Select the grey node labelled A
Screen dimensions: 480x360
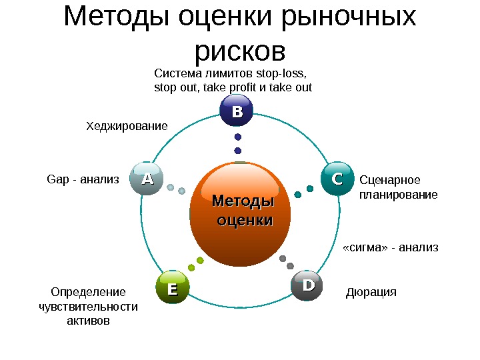(147, 179)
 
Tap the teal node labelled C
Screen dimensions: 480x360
(337, 179)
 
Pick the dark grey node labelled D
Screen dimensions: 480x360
(307, 285)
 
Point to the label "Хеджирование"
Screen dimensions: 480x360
(127, 125)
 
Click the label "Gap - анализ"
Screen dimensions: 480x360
(83, 179)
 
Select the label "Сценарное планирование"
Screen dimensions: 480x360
(398, 187)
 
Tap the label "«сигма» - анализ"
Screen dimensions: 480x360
(390, 247)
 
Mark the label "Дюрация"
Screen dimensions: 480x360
(371, 292)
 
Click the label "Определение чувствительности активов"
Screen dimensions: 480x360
(89, 307)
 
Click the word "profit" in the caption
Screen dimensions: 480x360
(250, 87)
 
